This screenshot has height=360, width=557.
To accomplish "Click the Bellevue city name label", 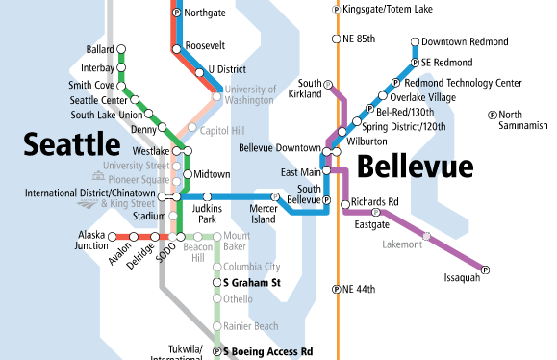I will (416, 167).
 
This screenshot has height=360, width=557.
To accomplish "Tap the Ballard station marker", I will (122, 49).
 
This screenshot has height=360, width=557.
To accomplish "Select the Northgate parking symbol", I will (175, 13).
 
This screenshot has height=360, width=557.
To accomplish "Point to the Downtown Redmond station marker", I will (415, 42).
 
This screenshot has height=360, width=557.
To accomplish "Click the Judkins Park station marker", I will (207, 196).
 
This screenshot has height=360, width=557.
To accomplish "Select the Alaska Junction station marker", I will (112, 236).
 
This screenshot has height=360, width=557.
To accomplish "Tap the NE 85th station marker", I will (337, 40).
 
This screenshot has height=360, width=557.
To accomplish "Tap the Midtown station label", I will (213, 174).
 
